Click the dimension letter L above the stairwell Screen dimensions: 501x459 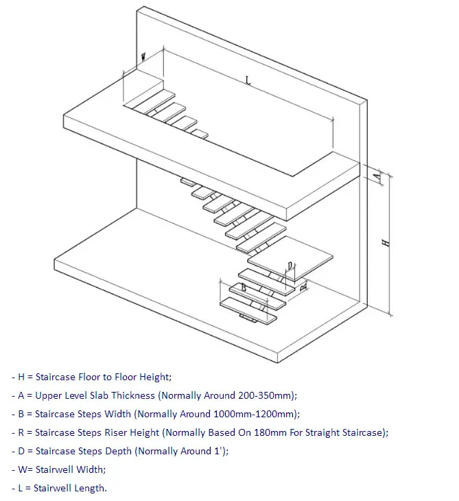(x=248, y=80)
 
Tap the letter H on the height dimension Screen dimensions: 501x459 (x=386, y=242)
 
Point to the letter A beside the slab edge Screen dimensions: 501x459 (x=376, y=176)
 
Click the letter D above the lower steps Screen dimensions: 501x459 (x=291, y=266)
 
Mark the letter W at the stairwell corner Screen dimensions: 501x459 (x=144, y=57)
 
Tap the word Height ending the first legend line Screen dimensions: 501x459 (x=155, y=377)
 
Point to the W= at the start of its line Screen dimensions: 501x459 (x=25, y=469)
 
